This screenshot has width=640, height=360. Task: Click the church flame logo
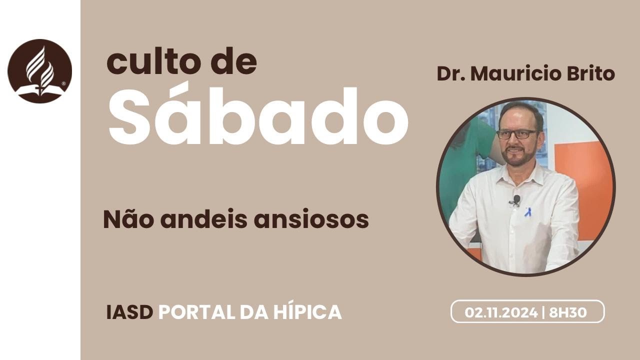click(40, 70)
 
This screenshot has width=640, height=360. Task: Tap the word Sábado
click(258, 116)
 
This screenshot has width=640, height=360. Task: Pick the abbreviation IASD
click(129, 312)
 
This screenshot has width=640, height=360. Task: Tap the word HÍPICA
click(308, 312)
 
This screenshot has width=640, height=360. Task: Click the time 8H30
click(568, 312)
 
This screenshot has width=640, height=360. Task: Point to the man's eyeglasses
click(517, 134)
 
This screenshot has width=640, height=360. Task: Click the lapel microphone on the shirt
click(516, 200)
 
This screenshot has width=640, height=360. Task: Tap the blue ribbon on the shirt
click(527, 212)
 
